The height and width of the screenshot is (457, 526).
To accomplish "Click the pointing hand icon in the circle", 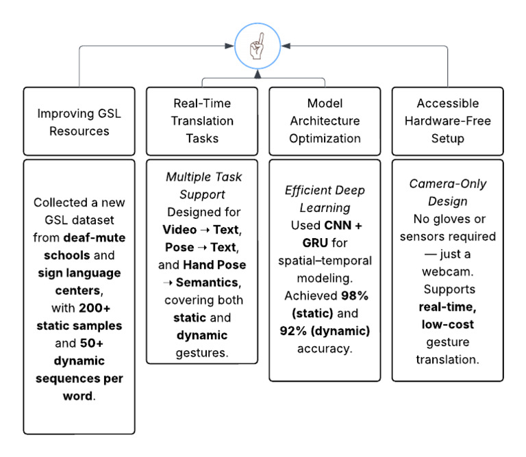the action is [x=257, y=47].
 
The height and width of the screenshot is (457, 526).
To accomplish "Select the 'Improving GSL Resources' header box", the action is [x=79, y=121].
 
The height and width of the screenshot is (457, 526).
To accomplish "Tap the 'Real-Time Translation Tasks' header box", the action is [x=202, y=121].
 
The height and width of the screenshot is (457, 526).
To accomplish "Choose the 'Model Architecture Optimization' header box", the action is [x=325, y=121].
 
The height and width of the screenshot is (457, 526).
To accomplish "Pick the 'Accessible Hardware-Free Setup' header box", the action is [x=447, y=121].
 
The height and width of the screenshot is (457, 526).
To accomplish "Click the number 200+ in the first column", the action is [x=95, y=308].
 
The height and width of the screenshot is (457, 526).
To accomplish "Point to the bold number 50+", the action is [x=91, y=343].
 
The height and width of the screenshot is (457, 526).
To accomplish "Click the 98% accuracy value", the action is [x=355, y=296].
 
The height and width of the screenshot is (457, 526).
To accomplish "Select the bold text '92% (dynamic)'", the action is [x=325, y=331].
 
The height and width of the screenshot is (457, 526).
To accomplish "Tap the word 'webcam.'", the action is [x=447, y=272].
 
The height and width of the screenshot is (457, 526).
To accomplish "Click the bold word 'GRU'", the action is [x=315, y=243].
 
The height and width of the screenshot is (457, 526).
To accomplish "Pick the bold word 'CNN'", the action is [x=338, y=226].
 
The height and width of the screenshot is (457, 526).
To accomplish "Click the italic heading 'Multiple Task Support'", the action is [x=203, y=185].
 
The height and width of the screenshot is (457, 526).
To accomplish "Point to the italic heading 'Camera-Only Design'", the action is [x=447, y=192].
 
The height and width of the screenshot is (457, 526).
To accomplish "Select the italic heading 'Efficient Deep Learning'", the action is [x=325, y=199].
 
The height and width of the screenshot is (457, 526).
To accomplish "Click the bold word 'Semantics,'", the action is [x=208, y=283].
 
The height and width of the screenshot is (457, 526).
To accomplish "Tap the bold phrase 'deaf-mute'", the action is [x=95, y=237].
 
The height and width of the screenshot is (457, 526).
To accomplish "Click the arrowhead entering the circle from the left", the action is [x=229, y=46].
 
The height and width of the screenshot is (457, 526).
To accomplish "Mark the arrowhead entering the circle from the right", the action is [x=286, y=46].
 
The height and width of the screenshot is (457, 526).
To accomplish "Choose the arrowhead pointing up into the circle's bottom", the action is [x=258, y=74].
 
